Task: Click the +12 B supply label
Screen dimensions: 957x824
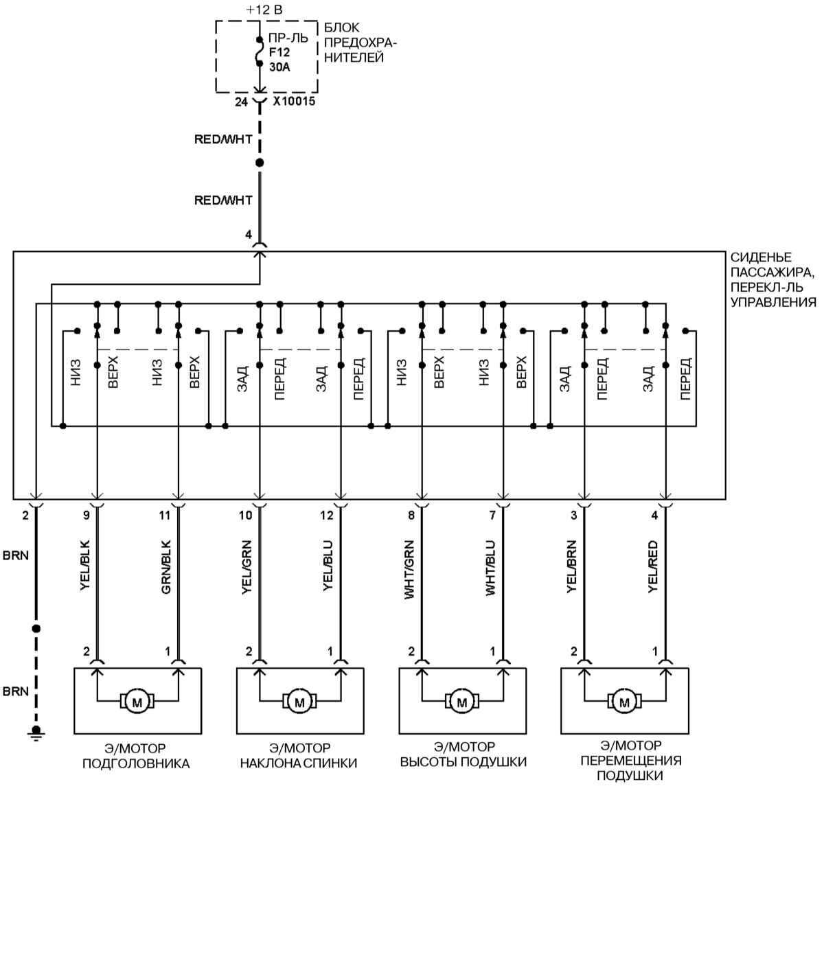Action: click(x=264, y=10)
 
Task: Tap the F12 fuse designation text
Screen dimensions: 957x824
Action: click(x=279, y=52)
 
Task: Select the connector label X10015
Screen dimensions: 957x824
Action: click(x=294, y=102)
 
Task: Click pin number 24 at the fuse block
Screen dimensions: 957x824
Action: click(x=241, y=102)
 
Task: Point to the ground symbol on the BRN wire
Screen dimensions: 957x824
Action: click(x=36, y=734)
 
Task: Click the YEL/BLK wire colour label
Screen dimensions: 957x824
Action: click(x=85, y=566)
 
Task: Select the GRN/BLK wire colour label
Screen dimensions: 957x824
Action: click(x=166, y=566)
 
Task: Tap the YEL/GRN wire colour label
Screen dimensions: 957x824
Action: click(x=247, y=566)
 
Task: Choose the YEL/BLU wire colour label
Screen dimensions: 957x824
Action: click(x=328, y=566)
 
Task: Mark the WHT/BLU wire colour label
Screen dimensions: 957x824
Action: click(x=491, y=568)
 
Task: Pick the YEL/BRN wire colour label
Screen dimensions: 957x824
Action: click(x=572, y=566)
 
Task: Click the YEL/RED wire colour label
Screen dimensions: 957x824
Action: click(x=653, y=566)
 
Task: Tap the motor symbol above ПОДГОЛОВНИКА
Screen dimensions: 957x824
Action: click(x=137, y=702)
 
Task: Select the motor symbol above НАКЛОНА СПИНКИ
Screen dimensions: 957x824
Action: click(x=299, y=702)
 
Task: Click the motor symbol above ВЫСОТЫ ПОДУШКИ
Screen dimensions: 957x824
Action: click(x=462, y=702)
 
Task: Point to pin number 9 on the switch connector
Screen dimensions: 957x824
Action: click(x=86, y=516)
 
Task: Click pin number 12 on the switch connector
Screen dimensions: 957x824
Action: click(x=327, y=516)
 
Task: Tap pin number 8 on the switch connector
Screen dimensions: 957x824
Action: click(x=411, y=516)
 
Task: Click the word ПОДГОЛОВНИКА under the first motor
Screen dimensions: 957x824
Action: click(x=136, y=763)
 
